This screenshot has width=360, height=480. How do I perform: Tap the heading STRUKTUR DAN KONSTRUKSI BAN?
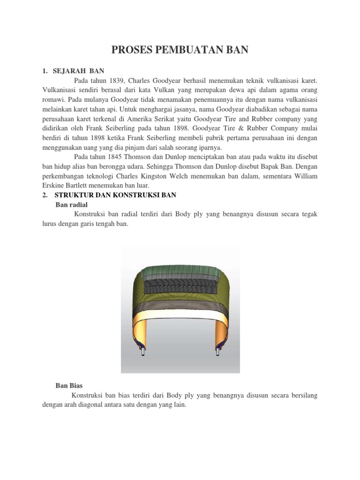115,195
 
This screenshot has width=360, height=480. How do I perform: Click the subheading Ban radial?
71,204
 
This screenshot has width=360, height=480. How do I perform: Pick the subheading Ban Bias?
69,386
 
